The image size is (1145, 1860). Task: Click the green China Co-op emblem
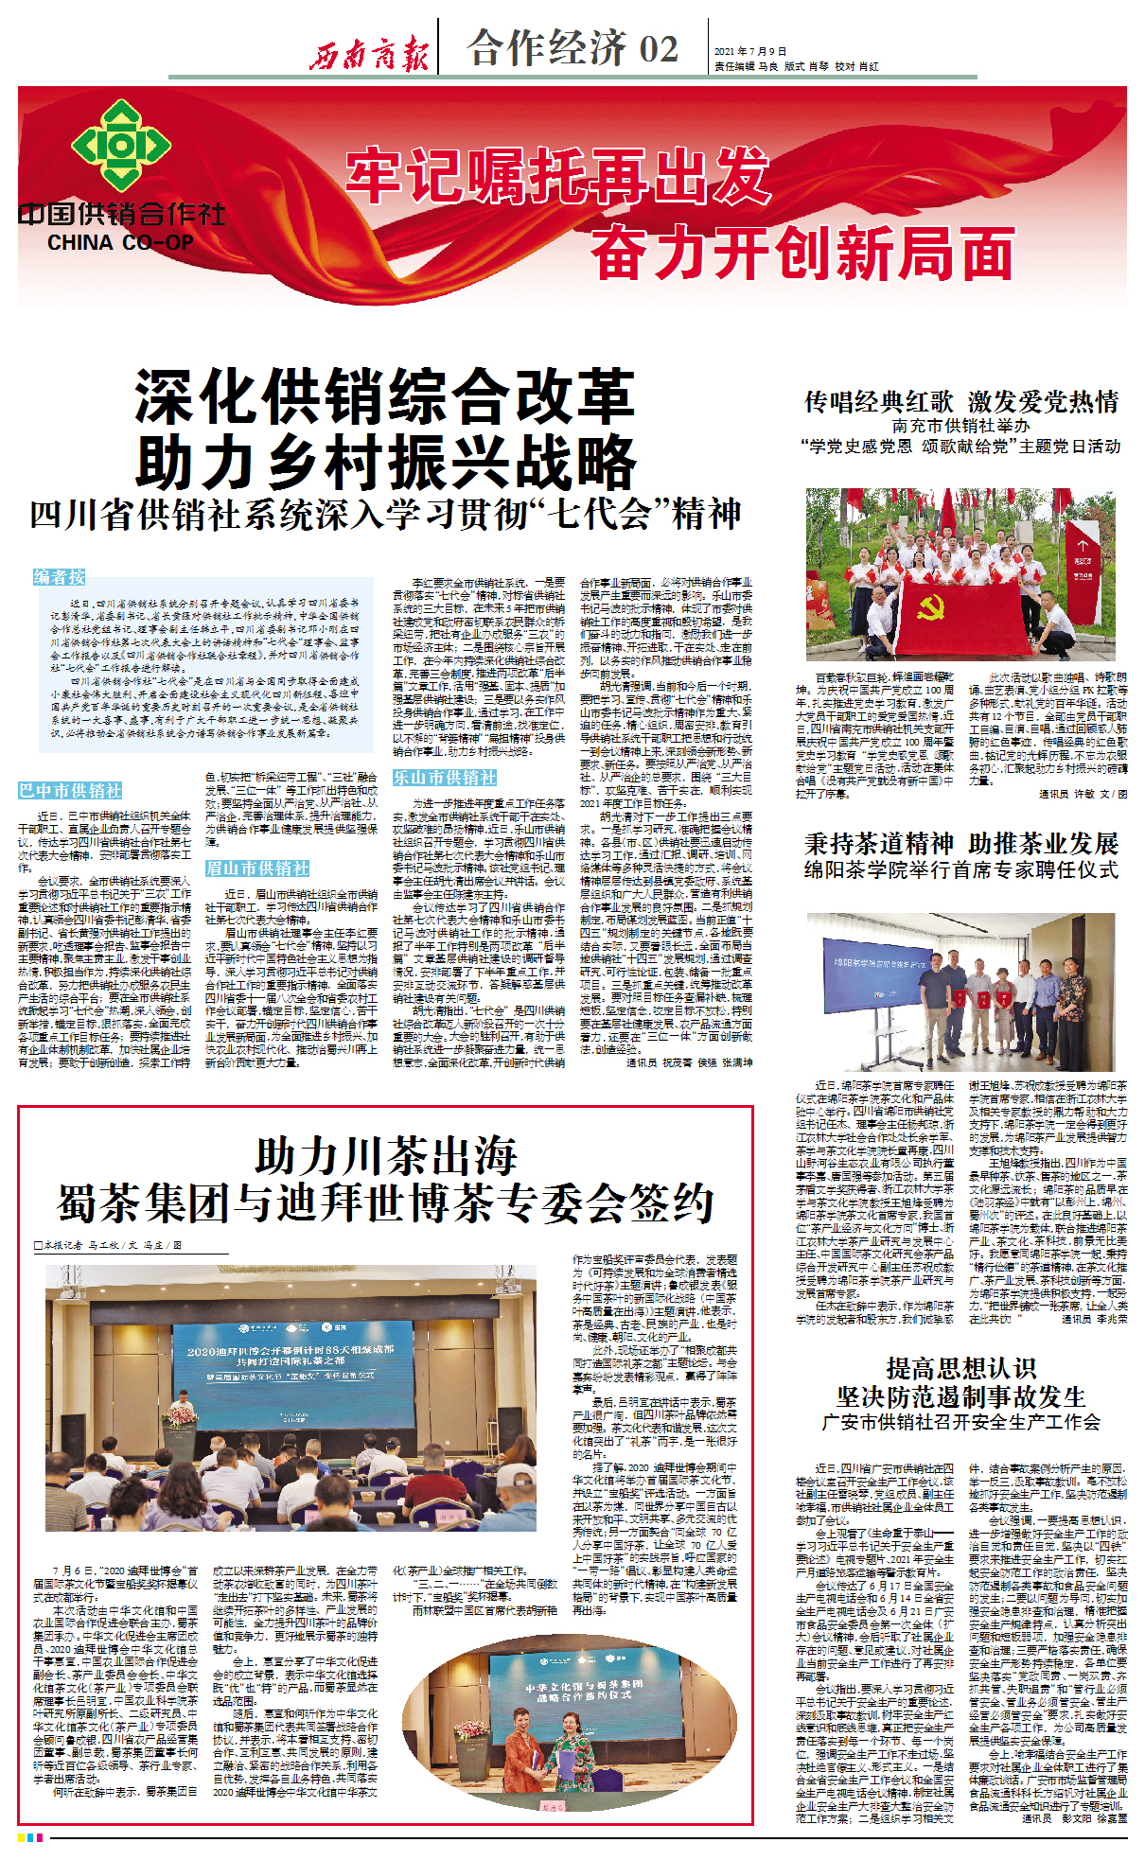click(x=120, y=146)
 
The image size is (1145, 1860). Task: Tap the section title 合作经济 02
click(x=572, y=48)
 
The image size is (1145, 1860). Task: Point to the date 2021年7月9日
click(x=750, y=51)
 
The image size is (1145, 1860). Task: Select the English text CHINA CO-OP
click(x=120, y=243)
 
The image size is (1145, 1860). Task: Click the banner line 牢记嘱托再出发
click(x=557, y=175)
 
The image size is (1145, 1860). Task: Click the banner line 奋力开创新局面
click(x=802, y=254)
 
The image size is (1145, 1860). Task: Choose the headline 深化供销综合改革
click(x=384, y=397)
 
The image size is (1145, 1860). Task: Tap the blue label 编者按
click(x=60, y=577)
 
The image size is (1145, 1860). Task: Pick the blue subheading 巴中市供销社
click(x=70, y=790)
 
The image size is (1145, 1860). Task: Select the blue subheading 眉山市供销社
click(x=257, y=868)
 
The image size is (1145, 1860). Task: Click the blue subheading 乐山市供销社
click(x=445, y=778)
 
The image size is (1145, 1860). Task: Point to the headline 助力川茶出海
click(x=386, y=1156)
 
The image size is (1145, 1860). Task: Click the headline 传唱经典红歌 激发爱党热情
click(x=960, y=402)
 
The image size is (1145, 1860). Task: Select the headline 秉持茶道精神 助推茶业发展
click(x=960, y=843)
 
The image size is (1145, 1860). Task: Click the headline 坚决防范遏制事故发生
click(x=960, y=1396)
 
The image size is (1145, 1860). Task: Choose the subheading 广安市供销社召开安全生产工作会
click(x=960, y=1422)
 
